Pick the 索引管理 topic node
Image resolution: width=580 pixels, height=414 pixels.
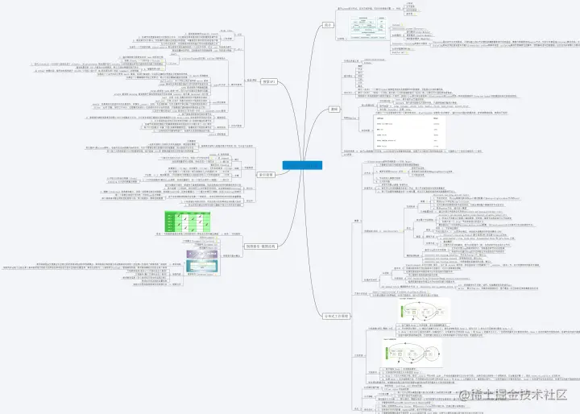pyautogui.click(x=267, y=173)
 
